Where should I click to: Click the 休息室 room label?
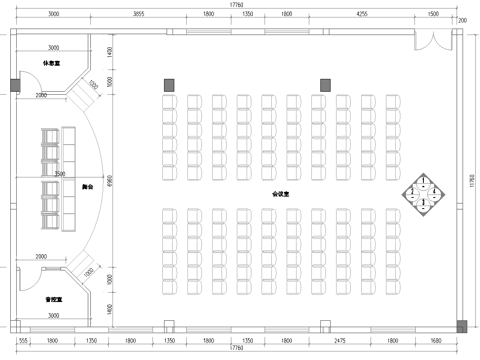[48, 63]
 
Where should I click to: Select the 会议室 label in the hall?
[281, 193]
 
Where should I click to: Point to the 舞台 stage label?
[87, 186]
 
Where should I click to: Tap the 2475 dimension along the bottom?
[340, 342]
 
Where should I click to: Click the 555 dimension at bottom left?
[22, 342]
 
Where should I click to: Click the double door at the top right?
[433, 44]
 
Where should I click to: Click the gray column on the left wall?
[14, 84]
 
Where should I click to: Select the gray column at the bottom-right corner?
[461, 324]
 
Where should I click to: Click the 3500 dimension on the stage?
[60, 174]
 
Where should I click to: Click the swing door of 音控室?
[82, 269]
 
